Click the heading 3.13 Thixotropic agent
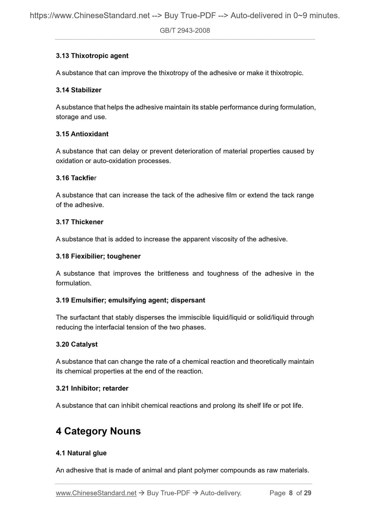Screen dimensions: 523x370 coord(92,56)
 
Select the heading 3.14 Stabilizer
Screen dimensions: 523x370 coord(79,90)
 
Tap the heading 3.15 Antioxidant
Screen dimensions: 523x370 coord(82,134)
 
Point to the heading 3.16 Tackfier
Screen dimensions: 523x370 coord(76,178)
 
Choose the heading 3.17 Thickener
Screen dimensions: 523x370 coord(80,222)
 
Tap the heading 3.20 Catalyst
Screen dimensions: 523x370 coord(77,344)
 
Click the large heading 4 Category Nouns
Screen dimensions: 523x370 coord(98,431)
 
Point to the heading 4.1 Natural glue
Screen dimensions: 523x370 coord(81,453)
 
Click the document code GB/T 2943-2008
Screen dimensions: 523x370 coord(185,31)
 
